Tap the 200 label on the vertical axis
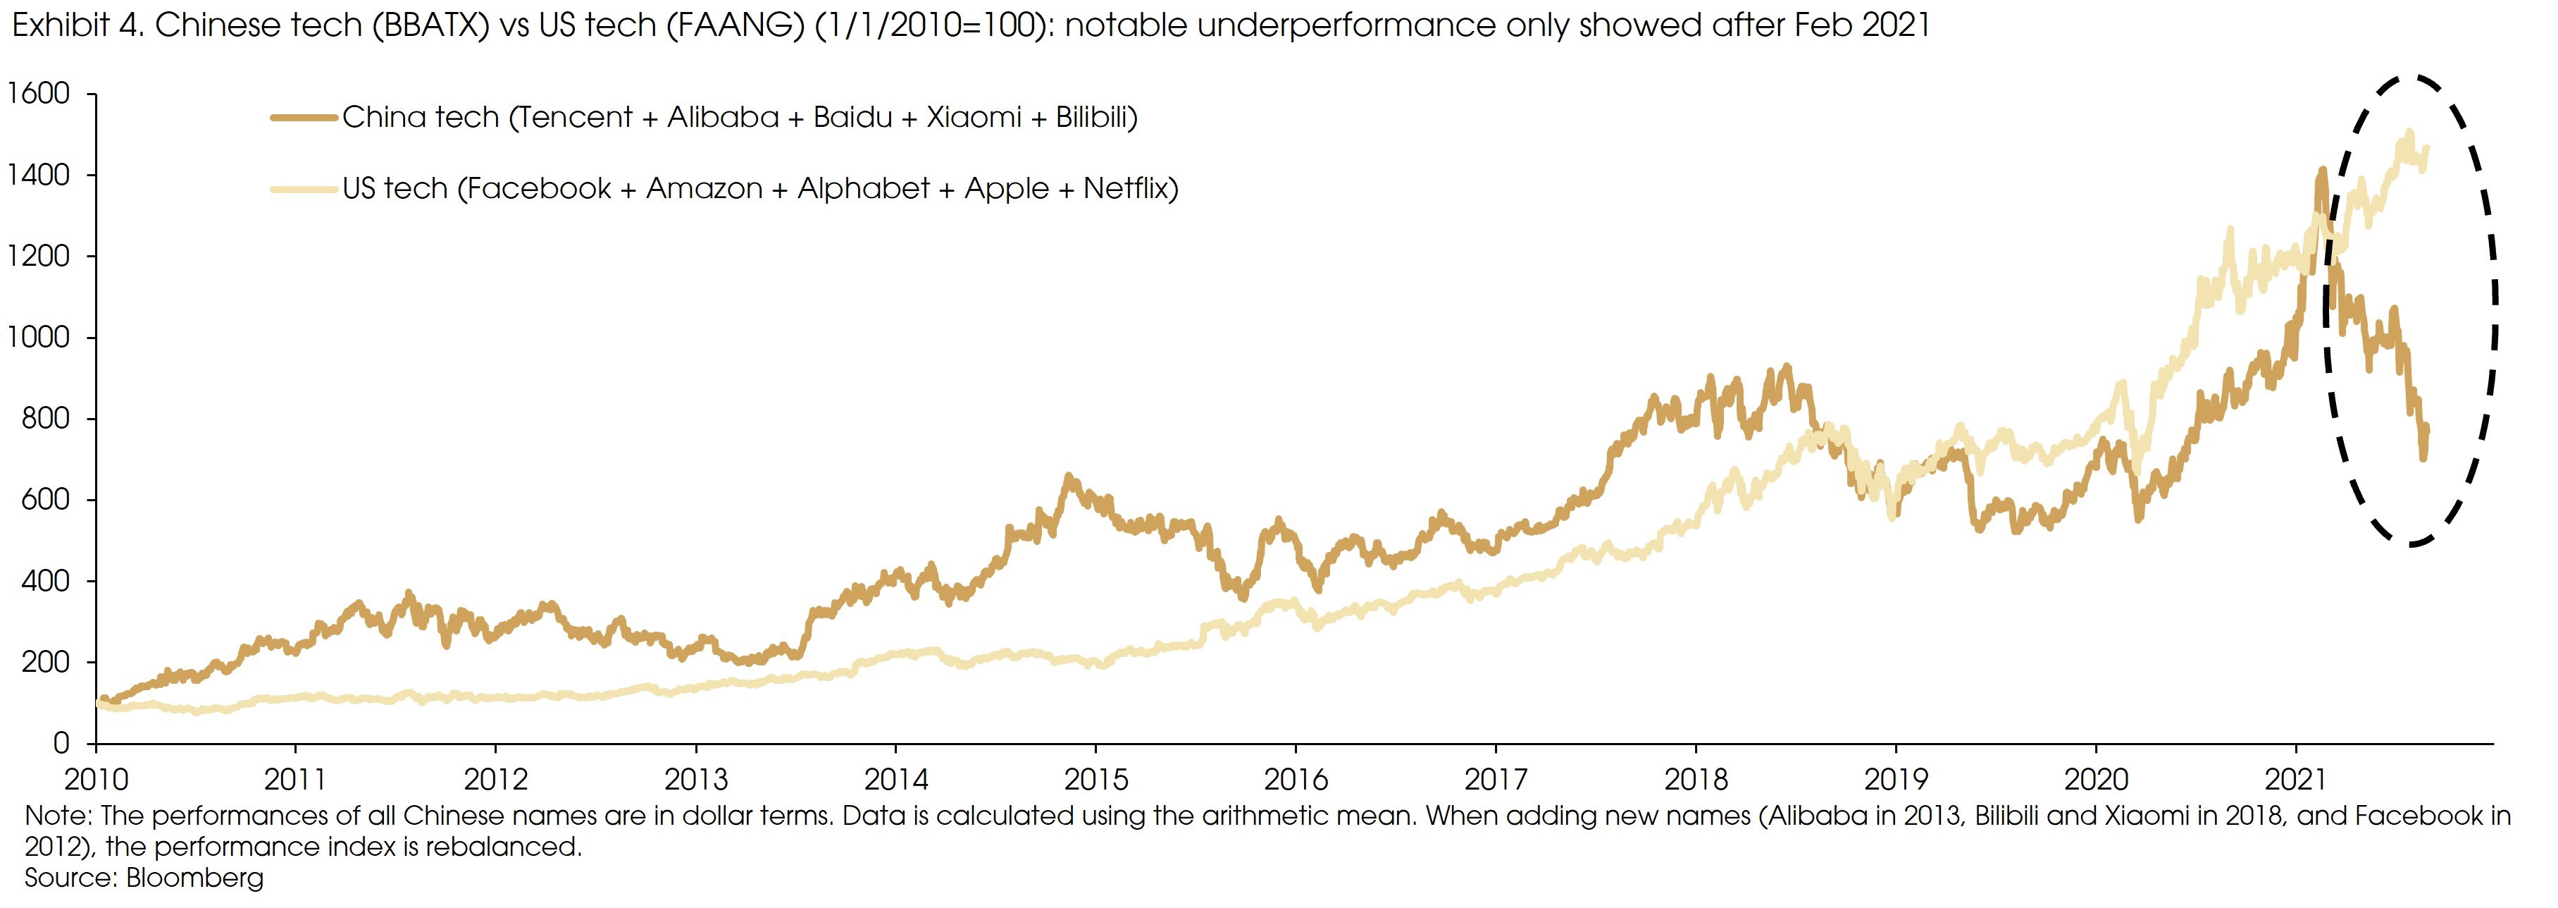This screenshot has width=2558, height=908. tap(46, 662)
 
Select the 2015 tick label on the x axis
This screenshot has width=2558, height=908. tap(1095, 779)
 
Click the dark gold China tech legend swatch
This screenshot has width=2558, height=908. tap(303, 117)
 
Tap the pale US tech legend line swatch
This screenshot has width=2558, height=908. tap(303, 188)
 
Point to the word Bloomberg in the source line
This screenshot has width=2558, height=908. tap(194, 878)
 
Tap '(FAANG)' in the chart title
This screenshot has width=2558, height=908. tap(734, 24)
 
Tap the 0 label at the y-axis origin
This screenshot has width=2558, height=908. tap(61, 743)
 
